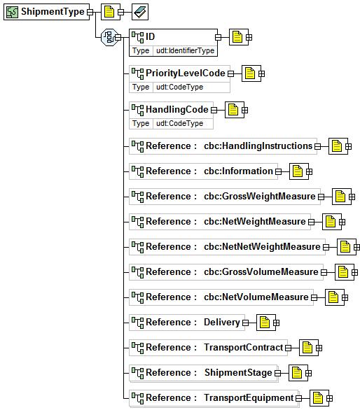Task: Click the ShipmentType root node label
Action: (x=53, y=12)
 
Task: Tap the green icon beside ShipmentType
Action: (x=13, y=12)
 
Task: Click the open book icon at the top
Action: (x=140, y=12)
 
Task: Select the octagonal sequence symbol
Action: (x=109, y=37)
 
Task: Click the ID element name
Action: (x=151, y=36)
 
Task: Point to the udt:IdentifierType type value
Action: (x=186, y=50)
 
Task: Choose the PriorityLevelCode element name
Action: (x=186, y=73)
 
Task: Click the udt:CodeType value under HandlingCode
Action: (x=179, y=123)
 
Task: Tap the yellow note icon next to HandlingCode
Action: (x=233, y=110)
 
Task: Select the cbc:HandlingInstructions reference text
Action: (x=258, y=146)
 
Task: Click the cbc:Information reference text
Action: (x=239, y=171)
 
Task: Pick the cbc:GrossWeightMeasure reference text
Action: (x=260, y=196)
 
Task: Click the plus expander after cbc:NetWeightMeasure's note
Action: (x=342, y=222)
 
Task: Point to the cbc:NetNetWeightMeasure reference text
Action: (x=262, y=246)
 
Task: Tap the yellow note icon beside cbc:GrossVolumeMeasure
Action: (x=343, y=272)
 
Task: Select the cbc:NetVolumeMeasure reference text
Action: (x=256, y=297)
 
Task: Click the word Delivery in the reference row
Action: (x=222, y=322)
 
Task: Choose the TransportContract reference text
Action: (x=244, y=348)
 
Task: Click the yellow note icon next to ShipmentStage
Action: (x=297, y=373)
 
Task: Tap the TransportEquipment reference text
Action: (x=249, y=397)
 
